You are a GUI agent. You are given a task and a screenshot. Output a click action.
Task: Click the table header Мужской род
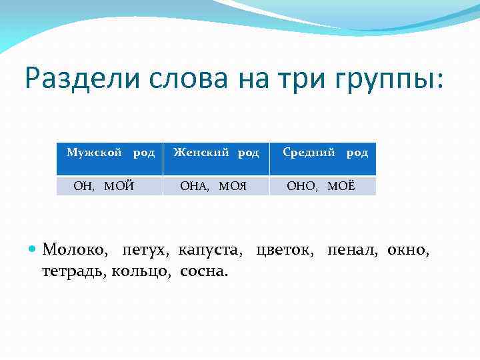coord(111,153)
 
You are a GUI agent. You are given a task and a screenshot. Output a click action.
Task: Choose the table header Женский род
coord(216,153)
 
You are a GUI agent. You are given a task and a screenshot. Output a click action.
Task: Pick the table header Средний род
coord(325,153)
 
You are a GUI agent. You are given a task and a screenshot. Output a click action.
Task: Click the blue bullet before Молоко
coord(34,250)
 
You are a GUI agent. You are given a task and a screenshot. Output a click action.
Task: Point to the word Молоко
coord(74,251)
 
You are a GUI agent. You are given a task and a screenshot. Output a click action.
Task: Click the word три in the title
coord(298,80)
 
